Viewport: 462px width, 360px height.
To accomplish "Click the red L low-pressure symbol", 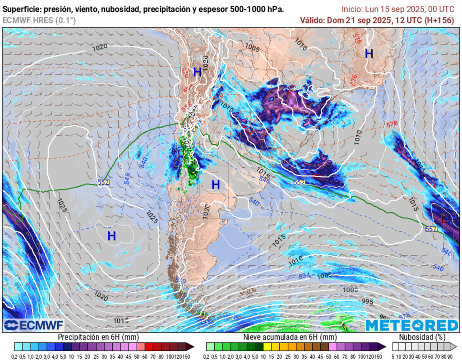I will [444, 220].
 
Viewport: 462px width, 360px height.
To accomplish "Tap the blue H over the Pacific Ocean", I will [111, 235].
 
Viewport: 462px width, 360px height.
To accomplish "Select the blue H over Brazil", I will [369, 54].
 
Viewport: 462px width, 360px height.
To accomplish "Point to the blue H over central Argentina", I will [216, 185].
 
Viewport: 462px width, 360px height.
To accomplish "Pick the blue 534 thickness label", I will [305, 276].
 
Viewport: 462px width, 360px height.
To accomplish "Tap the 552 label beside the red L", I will [431, 229].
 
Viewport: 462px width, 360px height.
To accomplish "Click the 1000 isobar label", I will [350, 290].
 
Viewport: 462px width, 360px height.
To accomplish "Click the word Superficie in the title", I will [20, 9].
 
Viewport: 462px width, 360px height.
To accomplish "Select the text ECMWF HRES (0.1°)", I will [39, 20].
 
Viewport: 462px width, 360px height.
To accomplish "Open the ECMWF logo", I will [33, 325].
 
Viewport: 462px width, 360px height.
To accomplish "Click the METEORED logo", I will [411, 325].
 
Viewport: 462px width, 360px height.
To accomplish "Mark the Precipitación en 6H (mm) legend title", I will [98, 337].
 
